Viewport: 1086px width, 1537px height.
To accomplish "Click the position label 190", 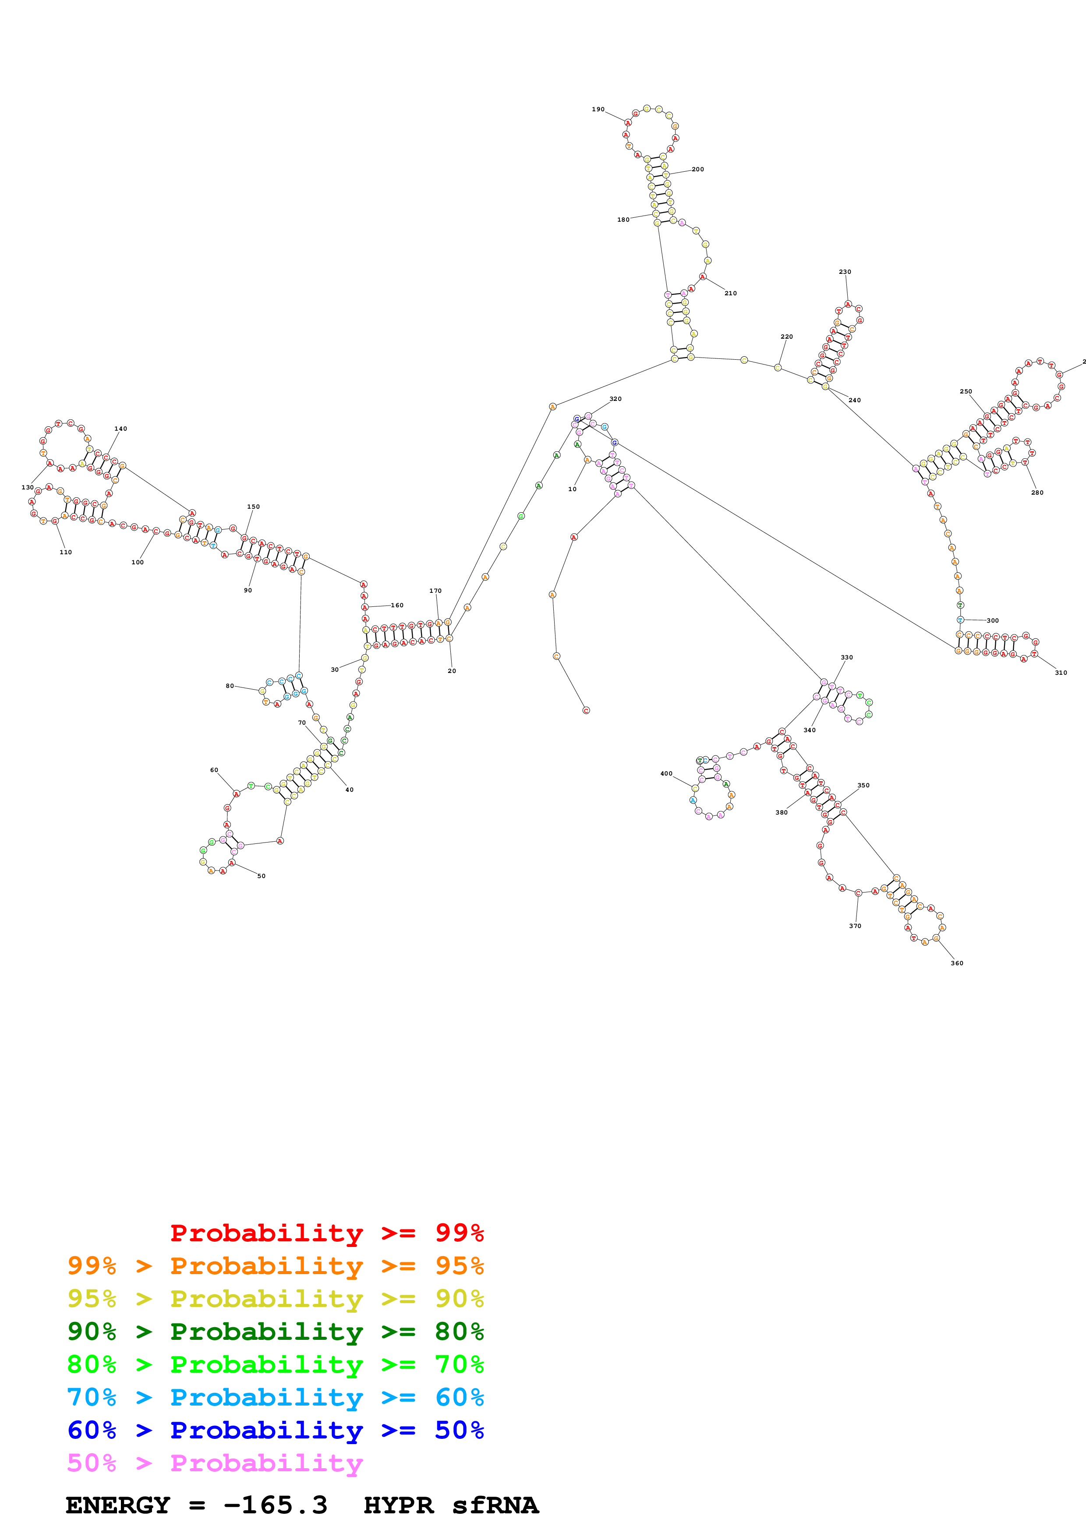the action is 598,109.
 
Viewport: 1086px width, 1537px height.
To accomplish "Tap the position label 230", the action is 845,272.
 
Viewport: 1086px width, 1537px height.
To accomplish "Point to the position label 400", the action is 666,773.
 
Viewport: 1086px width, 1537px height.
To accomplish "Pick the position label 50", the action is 261,875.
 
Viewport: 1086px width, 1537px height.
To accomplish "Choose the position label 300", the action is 992,620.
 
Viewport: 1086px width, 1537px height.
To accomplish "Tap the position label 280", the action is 1036,493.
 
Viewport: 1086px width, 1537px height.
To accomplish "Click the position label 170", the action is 435,591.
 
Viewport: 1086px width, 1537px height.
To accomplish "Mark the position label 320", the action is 615,399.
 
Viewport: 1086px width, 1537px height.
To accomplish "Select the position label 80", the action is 230,686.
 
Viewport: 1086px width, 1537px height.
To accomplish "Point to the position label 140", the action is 120,429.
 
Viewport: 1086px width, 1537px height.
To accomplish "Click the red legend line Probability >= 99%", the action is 326,1232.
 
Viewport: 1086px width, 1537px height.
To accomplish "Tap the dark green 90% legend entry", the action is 275,1332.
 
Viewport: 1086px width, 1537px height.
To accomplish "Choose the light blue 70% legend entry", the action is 275,1397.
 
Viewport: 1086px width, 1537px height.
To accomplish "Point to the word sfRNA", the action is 495,1505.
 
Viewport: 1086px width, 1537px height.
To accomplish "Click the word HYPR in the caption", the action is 398,1505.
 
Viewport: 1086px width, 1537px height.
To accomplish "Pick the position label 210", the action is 730,293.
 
